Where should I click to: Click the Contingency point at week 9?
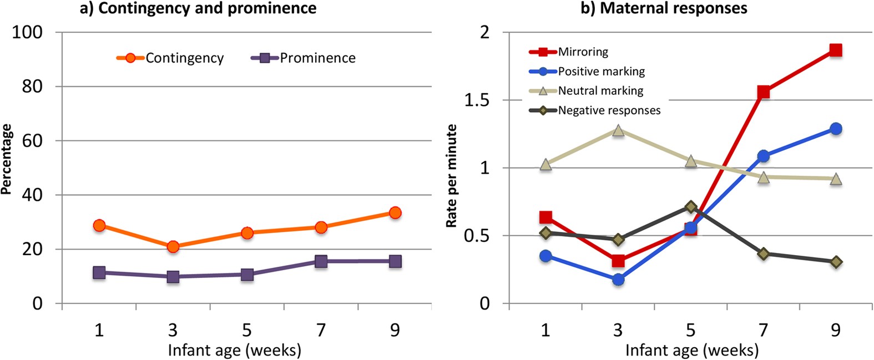(395, 213)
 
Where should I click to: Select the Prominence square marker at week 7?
(321, 261)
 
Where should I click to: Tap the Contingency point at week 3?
(173, 247)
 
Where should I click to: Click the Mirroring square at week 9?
(836, 50)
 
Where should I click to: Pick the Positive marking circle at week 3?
(618, 280)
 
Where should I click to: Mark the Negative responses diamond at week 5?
(691, 207)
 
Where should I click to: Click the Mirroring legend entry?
(583, 52)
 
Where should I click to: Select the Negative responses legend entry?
(609, 110)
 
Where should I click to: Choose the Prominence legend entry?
(317, 58)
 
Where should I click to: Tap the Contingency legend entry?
(184, 58)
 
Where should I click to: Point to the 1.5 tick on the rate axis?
(477, 100)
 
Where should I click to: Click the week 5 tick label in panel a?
(247, 330)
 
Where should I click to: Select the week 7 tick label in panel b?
(764, 330)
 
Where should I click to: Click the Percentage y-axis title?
(7, 159)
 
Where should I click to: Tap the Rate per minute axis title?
(452, 176)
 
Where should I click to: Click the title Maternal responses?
(664, 8)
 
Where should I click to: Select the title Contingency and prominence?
(198, 8)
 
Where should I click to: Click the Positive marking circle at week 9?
(836, 129)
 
